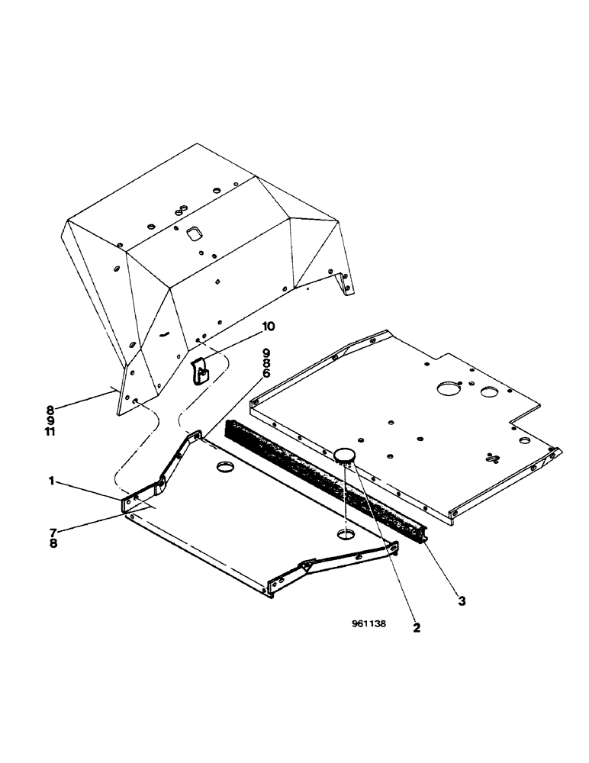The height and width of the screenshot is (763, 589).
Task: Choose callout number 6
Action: tap(266, 374)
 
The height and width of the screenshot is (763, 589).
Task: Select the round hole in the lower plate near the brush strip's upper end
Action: tap(226, 465)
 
